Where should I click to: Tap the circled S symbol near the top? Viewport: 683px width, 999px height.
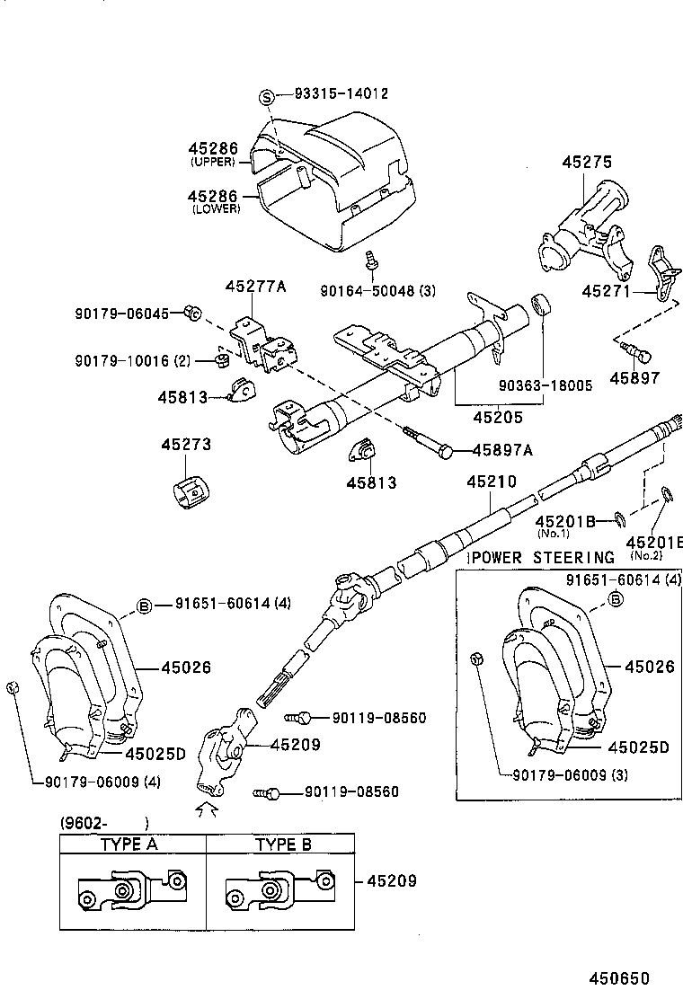point(266,96)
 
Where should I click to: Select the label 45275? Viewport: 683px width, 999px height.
point(587,162)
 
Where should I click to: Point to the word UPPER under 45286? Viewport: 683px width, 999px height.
point(212,163)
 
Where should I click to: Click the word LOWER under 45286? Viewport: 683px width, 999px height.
point(216,208)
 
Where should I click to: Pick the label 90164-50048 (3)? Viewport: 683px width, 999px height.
point(377,289)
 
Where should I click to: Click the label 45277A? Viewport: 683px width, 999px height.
point(255,287)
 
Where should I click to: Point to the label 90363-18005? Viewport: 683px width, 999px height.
point(546,385)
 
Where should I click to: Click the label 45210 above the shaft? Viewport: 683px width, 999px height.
point(491,482)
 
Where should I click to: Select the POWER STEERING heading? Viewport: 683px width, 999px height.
point(542,558)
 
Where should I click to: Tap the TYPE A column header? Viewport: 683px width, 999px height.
point(133,844)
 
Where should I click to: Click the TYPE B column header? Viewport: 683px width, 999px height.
point(283,844)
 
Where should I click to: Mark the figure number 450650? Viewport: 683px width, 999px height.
point(619,978)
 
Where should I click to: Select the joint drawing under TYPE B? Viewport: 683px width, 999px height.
point(280,890)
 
